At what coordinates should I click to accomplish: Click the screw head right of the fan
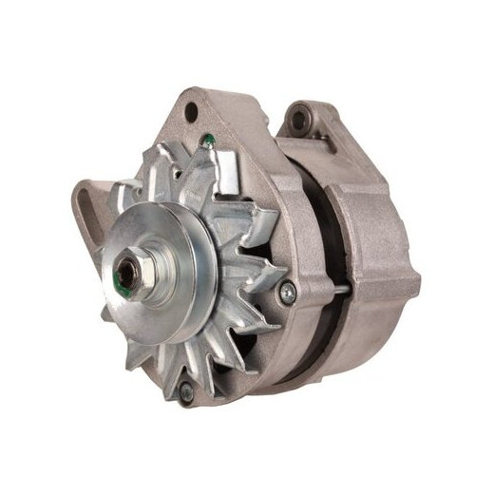[289, 292]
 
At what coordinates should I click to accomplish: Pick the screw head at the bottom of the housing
[186, 390]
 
